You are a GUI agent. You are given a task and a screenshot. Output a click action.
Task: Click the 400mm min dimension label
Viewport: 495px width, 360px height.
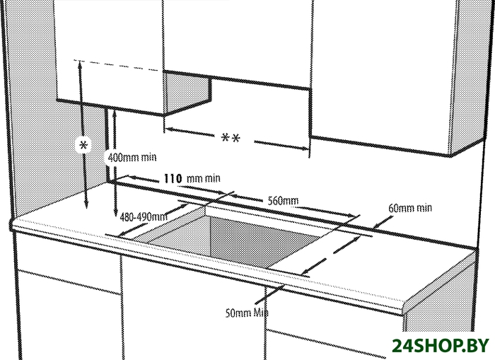pos(132,157)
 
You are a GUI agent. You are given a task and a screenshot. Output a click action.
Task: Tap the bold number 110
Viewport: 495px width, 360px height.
pos(173,178)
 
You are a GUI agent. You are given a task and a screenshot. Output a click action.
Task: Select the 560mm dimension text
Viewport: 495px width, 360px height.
pos(283,201)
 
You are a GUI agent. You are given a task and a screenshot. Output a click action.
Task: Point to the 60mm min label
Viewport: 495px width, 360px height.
pos(409,208)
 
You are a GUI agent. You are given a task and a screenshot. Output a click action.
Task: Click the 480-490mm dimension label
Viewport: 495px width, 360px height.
pos(144,216)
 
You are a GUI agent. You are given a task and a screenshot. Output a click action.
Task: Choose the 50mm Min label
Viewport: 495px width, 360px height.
pos(247,313)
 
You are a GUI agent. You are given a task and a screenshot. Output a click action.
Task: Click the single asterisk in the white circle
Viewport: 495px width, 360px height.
pos(83,145)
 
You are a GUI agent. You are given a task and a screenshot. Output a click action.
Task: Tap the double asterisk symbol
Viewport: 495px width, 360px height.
pos(231,139)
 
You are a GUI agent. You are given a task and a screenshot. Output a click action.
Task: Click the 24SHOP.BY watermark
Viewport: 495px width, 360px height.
pos(441,346)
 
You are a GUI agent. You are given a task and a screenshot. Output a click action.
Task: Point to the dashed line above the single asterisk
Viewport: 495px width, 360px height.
pos(116,65)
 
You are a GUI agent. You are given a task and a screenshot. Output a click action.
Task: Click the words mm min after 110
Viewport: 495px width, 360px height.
pos(204,179)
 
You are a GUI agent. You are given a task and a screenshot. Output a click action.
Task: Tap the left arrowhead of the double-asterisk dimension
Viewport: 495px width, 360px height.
pos(168,129)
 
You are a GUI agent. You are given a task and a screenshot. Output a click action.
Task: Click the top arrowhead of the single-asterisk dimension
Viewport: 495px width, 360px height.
pos(80,64)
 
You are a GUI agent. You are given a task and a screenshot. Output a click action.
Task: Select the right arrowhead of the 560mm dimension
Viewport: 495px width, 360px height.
pos(356,216)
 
